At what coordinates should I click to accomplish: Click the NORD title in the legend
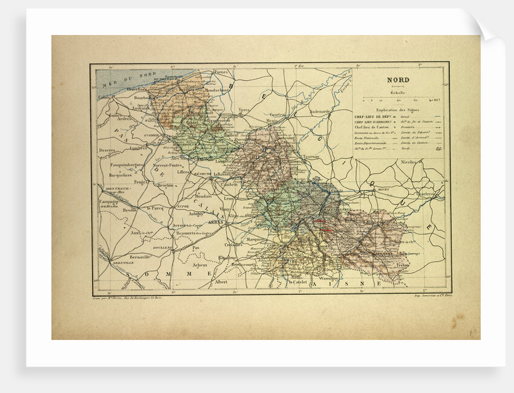(x=398, y=80)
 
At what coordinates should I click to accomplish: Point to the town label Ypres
(x=244, y=110)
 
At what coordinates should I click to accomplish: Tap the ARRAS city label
(x=216, y=222)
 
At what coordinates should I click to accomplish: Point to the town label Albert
(x=221, y=282)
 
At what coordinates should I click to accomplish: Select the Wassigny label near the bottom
(x=326, y=278)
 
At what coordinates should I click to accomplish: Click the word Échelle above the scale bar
(x=397, y=93)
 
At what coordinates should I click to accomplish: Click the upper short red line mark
(x=319, y=221)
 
